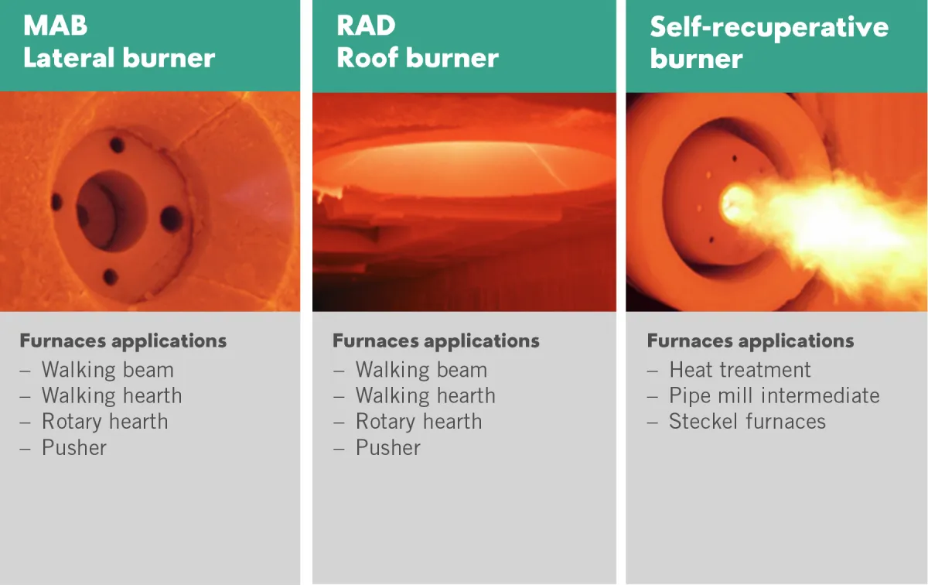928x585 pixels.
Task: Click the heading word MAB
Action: coord(55,26)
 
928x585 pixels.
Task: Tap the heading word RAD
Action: coord(366,26)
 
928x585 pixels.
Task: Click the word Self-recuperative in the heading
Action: coord(769,28)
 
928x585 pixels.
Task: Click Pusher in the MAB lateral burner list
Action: coord(74,447)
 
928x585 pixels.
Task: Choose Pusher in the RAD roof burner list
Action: coord(387,447)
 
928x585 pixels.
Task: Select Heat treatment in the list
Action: coord(740,369)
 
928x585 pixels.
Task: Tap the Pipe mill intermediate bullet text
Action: coord(774,395)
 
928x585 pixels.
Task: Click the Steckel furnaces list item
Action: coord(747,421)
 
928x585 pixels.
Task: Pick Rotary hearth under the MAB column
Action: coord(105,422)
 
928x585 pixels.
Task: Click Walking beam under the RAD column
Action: coord(421,370)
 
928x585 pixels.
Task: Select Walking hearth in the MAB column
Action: coord(112,395)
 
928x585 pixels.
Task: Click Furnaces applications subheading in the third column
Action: coord(750,341)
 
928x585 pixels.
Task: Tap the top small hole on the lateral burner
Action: coord(117,145)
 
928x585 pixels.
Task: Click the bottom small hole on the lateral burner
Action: coord(110,276)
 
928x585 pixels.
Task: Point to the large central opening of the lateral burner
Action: coord(111,210)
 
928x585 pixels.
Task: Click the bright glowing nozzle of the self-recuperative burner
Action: coord(736,204)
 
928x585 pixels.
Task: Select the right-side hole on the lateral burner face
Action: coord(171,219)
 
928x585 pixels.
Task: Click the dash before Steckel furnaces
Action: coord(653,422)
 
